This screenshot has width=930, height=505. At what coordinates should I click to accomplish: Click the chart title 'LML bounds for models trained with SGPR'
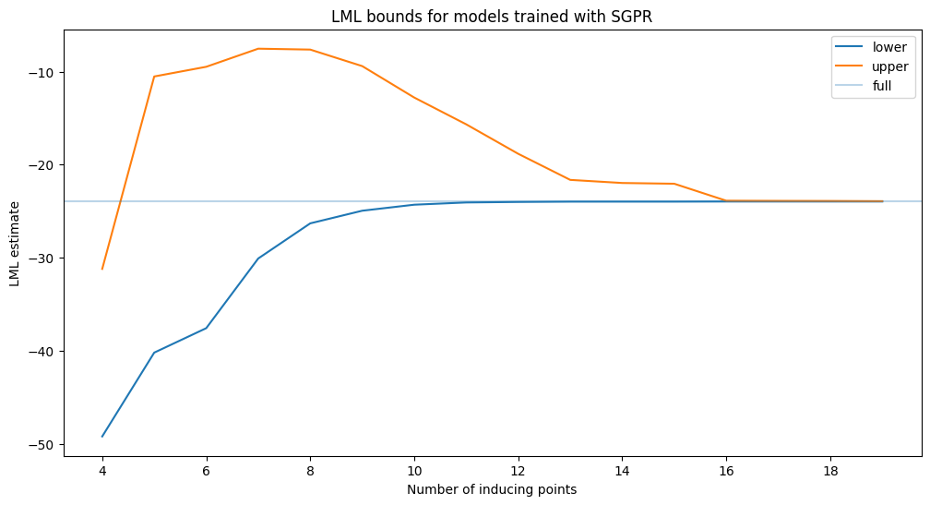pos(492,16)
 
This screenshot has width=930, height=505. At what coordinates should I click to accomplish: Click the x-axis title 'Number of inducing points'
pos(492,489)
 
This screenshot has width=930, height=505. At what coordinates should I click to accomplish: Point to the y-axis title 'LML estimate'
pos(15,244)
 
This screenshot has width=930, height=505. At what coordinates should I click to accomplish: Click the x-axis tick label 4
pos(102,469)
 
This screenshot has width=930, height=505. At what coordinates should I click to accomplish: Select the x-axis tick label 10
pos(414,469)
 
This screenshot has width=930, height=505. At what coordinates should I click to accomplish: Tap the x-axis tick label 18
pos(830,469)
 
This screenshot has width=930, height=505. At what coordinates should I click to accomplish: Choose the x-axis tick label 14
pos(623,469)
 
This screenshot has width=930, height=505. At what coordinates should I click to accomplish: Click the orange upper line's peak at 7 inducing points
pos(258,49)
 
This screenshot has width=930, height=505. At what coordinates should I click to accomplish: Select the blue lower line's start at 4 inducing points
pos(102,437)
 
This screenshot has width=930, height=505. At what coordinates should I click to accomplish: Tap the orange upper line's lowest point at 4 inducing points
pos(102,269)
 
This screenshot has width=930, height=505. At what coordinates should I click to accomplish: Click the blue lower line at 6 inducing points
pos(207,328)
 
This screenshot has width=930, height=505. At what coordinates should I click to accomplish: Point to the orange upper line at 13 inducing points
pos(570,180)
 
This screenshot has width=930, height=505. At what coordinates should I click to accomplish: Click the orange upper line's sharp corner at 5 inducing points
pos(154,77)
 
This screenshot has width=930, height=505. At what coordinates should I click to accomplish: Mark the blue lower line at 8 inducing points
pos(310,223)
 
